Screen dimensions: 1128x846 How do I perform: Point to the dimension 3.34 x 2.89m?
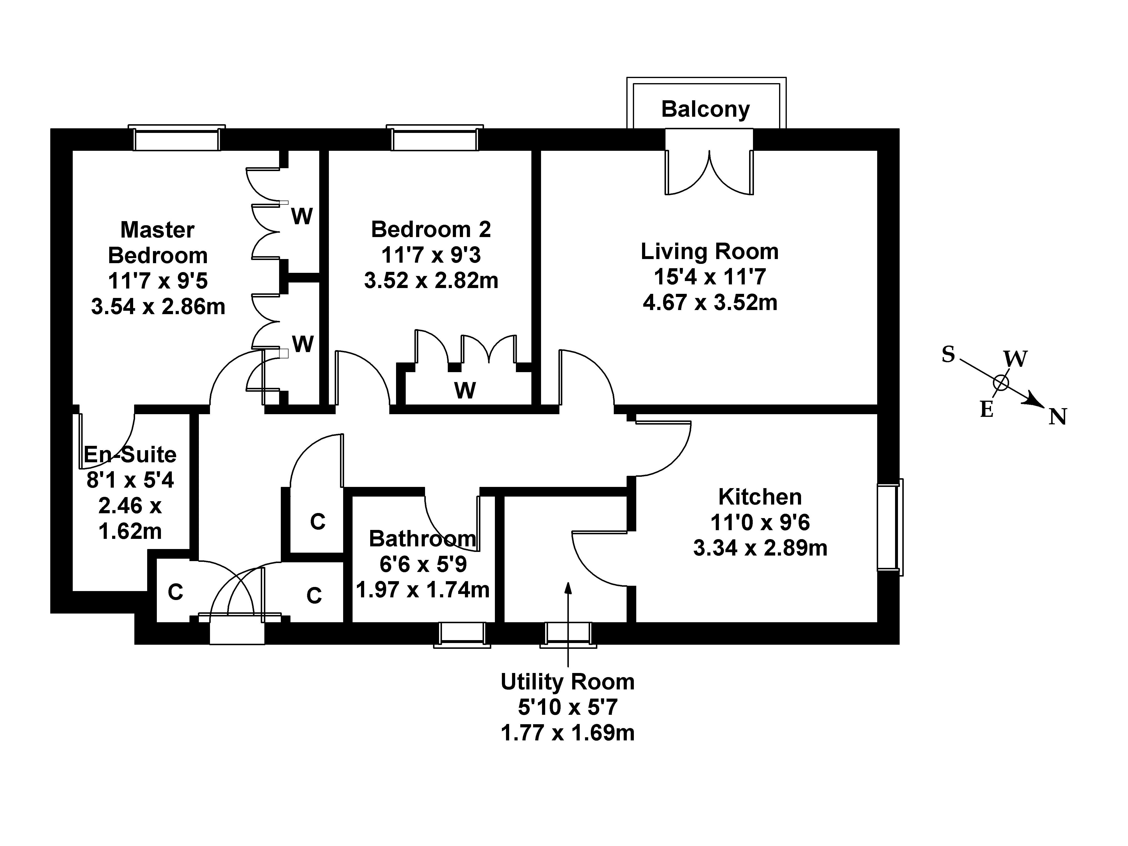760,548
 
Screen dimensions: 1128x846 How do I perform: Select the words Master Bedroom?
158,243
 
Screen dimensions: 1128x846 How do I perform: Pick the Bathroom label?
422,538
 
